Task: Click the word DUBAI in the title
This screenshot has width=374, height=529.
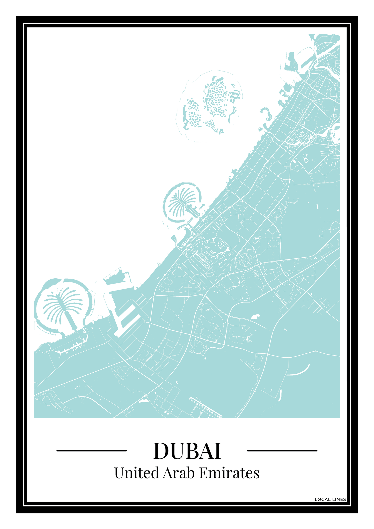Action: [x=187, y=451]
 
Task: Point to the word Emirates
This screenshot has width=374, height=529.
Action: [x=229, y=473]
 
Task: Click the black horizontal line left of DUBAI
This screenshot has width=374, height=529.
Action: [x=91, y=451]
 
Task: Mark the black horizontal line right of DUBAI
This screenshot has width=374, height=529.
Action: [x=282, y=451]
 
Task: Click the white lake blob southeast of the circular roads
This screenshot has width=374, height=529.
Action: [x=255, y=316]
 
